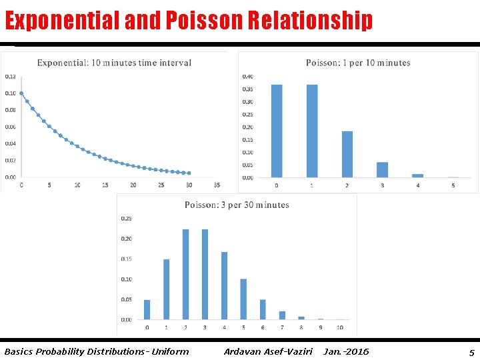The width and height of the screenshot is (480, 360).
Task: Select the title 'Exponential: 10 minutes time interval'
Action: tap(114, 63)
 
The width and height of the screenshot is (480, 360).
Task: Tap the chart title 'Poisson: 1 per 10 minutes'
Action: tap(358, 63)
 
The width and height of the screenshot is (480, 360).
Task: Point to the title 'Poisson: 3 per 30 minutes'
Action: tap(237, 205)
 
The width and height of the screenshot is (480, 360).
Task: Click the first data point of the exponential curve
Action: tap(21, 93)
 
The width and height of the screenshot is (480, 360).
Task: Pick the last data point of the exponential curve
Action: tap(189, 173)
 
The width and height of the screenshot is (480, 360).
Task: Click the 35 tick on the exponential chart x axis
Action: tap(217, 185)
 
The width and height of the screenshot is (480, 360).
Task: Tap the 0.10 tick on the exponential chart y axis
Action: tap(11, 93)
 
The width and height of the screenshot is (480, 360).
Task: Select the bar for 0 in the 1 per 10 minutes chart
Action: tap(277, 131)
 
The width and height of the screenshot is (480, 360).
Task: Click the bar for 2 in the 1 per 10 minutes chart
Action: tap(347, 154)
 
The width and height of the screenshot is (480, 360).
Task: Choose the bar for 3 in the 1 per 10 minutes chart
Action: tap(383, 170)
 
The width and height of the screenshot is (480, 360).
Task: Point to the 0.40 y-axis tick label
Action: tap(247, 77)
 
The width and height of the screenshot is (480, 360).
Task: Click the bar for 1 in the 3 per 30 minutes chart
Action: tap(166, 289)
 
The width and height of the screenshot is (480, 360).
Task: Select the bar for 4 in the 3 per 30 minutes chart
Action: tap(224, 286)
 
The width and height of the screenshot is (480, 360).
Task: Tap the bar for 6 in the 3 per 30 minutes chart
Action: tap(263, 309)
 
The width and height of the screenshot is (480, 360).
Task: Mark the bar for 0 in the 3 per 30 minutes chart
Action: tap(147, 310)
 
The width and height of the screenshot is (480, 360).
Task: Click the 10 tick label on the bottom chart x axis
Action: tap(340, 327)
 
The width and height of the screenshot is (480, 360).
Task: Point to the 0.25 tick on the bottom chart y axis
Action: tap(127, 219)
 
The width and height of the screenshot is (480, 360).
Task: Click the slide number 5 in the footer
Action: tap(472, 353)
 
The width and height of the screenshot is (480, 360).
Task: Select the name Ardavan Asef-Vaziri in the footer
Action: tap(268, 351)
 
